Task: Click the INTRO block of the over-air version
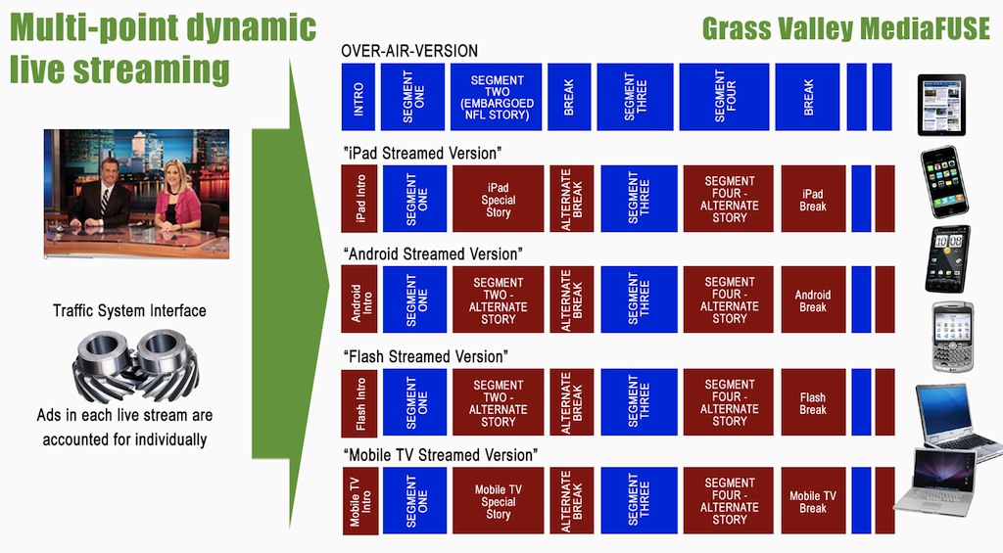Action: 358,97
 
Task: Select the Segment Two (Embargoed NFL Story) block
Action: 497,97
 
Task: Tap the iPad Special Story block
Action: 499,198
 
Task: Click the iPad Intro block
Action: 359,198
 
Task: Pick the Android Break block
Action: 813,300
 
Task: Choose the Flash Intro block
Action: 359,402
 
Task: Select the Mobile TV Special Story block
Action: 499,500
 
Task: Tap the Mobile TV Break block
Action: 813,500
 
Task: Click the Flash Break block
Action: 813,402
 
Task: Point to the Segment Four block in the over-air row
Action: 725,97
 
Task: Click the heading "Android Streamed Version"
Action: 432,253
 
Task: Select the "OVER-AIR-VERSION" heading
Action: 409,51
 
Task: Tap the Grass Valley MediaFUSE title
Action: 845,28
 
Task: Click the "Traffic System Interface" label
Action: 129,310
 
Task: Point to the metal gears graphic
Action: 135,365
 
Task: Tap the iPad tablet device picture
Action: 941,105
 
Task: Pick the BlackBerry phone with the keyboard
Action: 952,337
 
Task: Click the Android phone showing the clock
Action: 948,259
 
